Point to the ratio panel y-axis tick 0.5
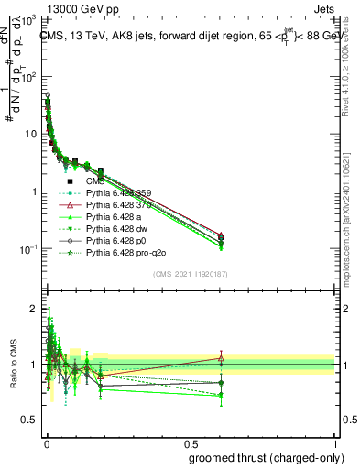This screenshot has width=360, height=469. [x=29, y=420]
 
